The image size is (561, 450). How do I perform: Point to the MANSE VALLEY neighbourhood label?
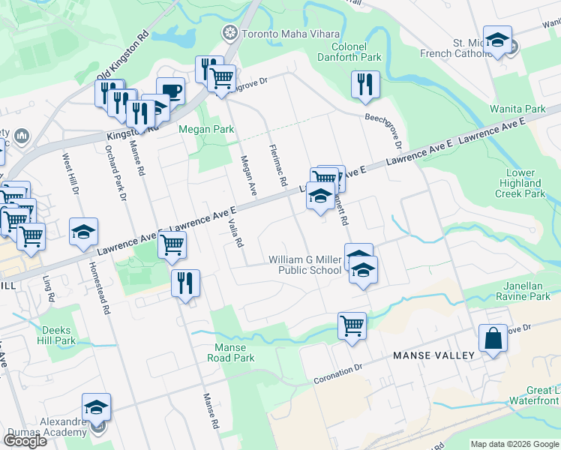coord(434,355)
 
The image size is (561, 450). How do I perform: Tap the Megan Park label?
coord(206,129)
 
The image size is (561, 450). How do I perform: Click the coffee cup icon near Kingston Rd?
coord(170,91)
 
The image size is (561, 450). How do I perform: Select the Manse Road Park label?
coord(235,352)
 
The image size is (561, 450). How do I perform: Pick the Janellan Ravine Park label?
coord(526,290)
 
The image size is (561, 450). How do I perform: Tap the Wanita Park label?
coord(517,109)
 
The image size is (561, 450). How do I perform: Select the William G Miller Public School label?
coord(304,265)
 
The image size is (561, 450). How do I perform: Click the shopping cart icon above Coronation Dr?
coord(352,325)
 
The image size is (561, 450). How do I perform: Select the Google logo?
coord(25,440)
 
